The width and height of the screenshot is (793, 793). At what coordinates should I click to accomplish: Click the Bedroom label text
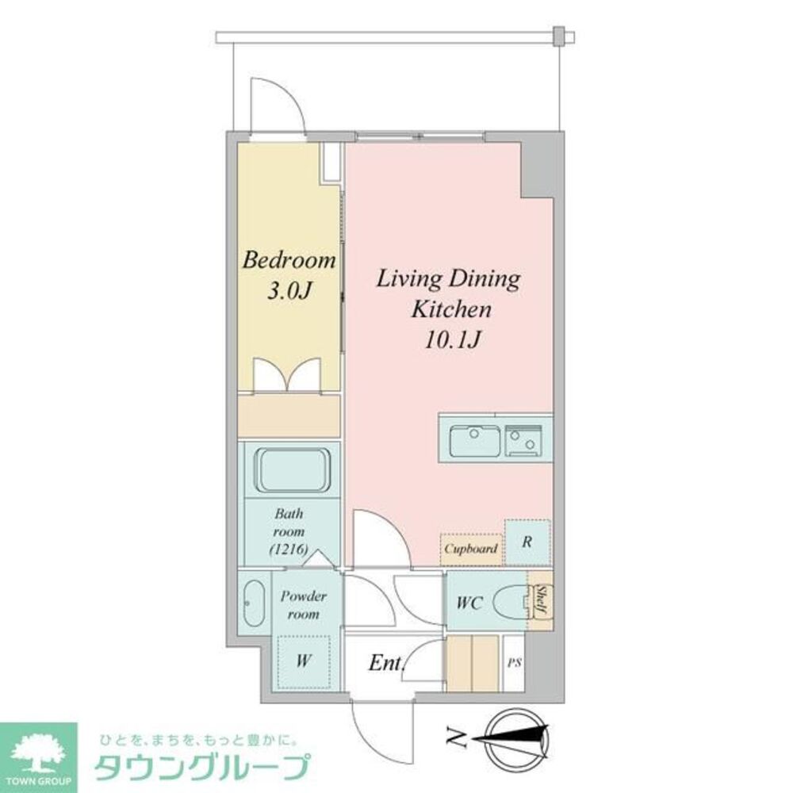pyautogui.click(x=289, y=260)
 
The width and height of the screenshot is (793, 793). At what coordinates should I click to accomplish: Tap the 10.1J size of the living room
pyautogui.click(x=448, y=340)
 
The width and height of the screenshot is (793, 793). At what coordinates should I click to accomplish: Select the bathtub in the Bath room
pyautogui.click(x=291, y=469)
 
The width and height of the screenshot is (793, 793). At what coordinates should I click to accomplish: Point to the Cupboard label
pyautogui.click(x=471, y=548)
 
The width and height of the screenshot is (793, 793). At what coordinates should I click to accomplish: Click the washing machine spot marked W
pyautogui.click(x=303, y=660)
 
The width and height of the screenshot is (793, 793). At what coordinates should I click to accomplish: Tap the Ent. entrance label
pyautogui.click(x=387, y=663)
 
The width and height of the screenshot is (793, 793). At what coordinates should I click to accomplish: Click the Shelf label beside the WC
pyautogui.click(x=540, y=600)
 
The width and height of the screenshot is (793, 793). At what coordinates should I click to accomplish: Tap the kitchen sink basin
pyautogui.click(x=474, y=440)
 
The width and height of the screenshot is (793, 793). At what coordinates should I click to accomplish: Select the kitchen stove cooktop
pyautogui.click(x=524, y=441)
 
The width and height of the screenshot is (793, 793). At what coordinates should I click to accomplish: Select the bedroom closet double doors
pyautogui.click(x=289, y=374)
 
